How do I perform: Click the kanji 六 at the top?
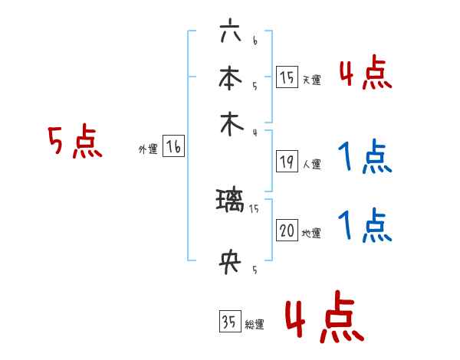230,35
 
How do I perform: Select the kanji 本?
230,78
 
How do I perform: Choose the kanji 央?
230,263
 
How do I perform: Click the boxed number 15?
287,77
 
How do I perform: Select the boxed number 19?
287,162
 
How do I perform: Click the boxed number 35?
229,322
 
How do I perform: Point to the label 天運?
311,80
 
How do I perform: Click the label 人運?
311,164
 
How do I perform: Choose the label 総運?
255,325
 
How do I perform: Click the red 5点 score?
74,142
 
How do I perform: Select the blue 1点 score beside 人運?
364,158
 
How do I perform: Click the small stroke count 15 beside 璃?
255,208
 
